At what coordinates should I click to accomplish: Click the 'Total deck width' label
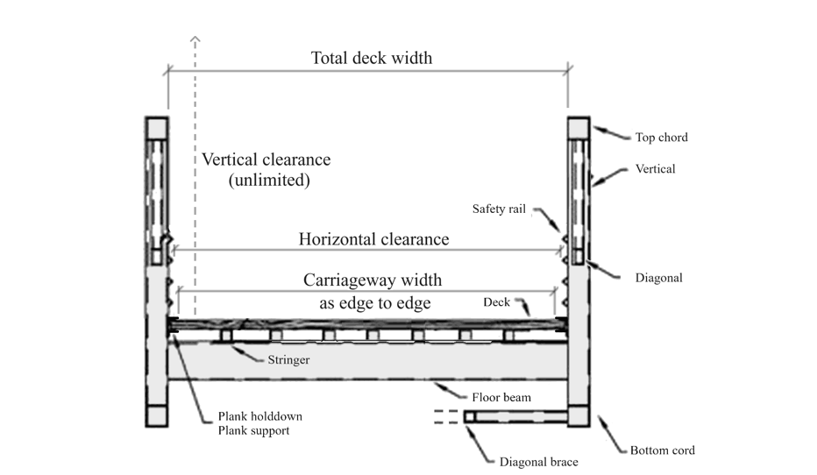tap(372, 59)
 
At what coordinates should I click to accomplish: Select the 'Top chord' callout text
tap(661, 138)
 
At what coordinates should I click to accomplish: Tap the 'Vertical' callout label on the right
tap(655, 168)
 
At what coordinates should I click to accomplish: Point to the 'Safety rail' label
tap(500, 209)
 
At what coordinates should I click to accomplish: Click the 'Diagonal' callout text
tap(658, 278)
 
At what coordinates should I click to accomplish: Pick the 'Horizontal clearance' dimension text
tap(373, 239)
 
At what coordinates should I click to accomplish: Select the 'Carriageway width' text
tap(373, 280)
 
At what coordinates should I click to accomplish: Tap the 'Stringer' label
tap(288, 358)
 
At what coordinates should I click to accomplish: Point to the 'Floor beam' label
tap(501, 397)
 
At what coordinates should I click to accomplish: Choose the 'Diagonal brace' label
tap(538, 462)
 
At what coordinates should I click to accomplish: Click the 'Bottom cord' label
tap(662, 450)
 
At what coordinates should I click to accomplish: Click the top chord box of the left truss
tap(157, 127)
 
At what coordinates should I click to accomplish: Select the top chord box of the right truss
tap(579, 127)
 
